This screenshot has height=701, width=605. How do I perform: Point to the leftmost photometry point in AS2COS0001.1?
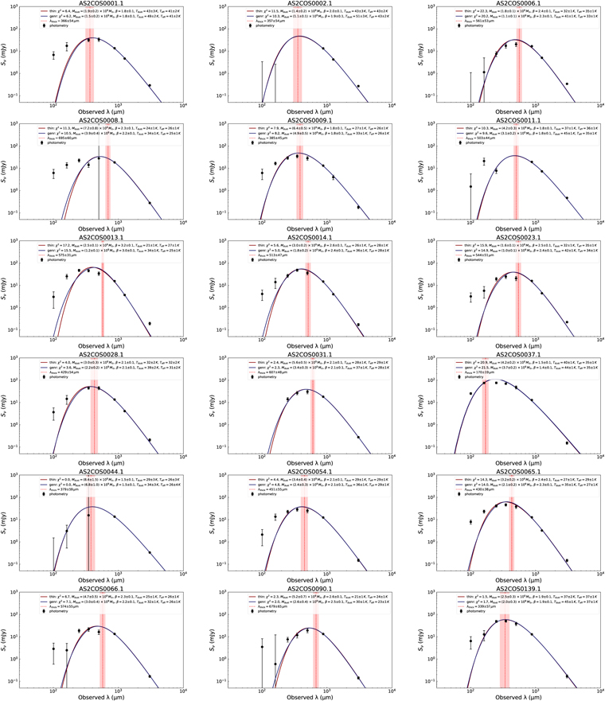53,55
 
